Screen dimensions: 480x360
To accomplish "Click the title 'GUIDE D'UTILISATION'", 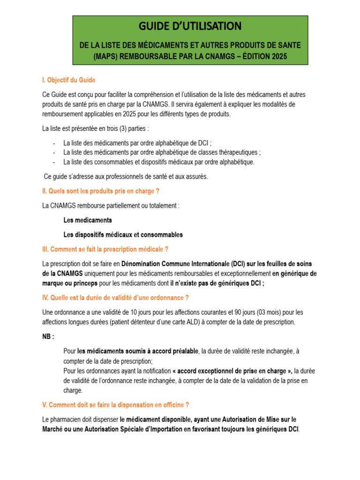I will pos(190,26).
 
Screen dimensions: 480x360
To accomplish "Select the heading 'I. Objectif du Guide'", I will pos(69,80).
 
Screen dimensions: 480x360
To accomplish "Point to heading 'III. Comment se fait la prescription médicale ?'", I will pos(105,249).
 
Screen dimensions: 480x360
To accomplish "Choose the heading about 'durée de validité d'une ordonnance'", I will pos(115,298).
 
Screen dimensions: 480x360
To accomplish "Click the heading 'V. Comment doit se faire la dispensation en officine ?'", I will pos(116,405).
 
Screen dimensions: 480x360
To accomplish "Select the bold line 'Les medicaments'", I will pos(88,220).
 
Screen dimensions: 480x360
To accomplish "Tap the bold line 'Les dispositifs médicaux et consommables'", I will pos(123,234).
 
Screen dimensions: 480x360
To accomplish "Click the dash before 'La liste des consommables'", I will pos(54,162).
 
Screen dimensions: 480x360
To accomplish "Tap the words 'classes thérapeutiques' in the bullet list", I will pos(229,152).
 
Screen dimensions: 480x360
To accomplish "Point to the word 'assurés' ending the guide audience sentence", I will pos(196,177).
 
